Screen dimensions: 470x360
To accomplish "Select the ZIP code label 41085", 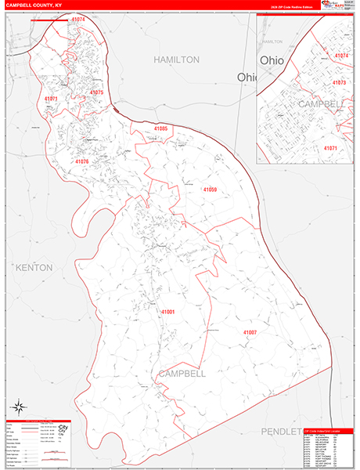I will (160, 128).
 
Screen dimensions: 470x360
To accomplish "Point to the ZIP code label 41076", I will (82, 161).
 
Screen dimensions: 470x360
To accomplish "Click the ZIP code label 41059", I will (210, 190).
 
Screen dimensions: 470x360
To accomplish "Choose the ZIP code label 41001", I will (168, 312).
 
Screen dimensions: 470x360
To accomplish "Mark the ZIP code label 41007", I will (250, 332).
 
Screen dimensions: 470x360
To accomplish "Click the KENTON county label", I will (34, 268).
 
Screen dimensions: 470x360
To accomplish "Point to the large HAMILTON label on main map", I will (176, 60).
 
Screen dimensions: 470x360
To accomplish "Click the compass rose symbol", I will (17, 406).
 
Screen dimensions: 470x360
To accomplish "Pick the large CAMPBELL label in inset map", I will (321, 103).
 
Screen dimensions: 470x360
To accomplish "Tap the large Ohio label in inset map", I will (273, 60).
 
